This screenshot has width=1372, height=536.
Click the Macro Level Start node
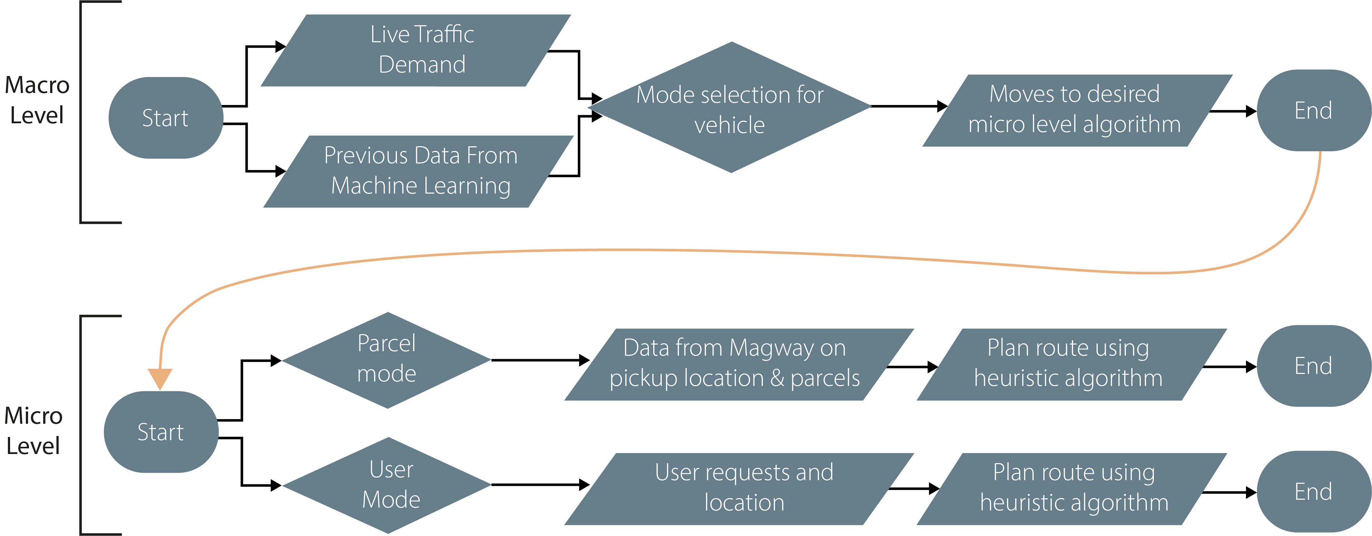165,118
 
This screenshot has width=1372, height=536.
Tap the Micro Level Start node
160,432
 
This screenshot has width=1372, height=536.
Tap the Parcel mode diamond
387,360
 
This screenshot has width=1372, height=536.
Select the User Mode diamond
388,485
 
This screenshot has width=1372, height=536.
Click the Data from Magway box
738,364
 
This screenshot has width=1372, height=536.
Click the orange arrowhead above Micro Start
160,378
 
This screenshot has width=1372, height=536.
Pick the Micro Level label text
33,430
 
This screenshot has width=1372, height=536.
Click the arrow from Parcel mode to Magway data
538,360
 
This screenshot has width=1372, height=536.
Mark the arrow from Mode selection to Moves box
908,106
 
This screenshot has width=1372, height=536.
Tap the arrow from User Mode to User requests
538,485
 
